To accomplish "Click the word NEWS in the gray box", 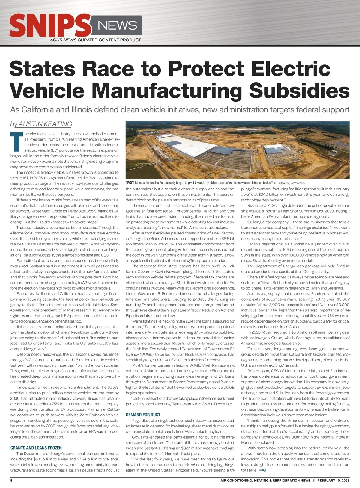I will pyautogui.click(x=118, y=25).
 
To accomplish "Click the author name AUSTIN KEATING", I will pyautogui.click(x=45, y=124).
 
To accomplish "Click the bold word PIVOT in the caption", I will pyautogui.click(x=130, y=183).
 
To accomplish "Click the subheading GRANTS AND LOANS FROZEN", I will pyautogui.click(x=36, y=448).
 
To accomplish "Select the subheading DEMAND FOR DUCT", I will pyautogui.click(x=143, y=415).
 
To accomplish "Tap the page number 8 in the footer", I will pyautogui.click(x=11, y=480).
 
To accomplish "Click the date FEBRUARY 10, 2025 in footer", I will pyautogui.click(x=333, y=480).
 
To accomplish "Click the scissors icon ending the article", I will pyautogui.click(x=262, y=470).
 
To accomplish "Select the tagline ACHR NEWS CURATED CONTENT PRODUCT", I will pyautogui.click(x=95, y=40).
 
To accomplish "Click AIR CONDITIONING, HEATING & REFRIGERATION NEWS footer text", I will pyautogui.click(x=265, y=480).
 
